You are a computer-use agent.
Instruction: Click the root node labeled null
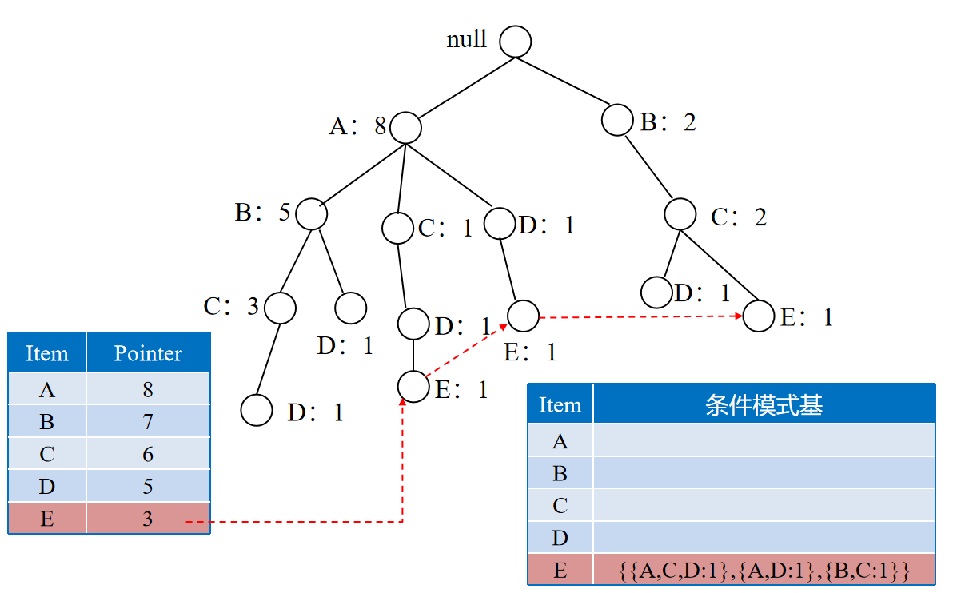coord(516,42)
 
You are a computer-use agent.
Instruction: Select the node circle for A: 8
coord(405,127)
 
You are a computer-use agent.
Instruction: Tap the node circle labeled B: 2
coord(617,120)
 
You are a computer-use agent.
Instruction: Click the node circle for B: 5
coord(312,213)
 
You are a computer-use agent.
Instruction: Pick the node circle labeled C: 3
coord(280,307)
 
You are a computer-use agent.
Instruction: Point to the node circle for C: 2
coord(680,214)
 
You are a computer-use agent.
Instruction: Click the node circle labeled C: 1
coord(397,229)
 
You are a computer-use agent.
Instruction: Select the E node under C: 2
coord(759,316)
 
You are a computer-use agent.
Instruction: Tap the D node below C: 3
coord(257,410)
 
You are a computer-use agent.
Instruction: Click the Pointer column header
coord(148,353)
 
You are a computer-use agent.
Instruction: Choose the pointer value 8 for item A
coord(148,390)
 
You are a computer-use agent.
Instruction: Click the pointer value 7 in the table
coord(148,422)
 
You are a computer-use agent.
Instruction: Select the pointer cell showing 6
coord(148,455)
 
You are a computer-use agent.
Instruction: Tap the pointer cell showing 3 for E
coord(148,519)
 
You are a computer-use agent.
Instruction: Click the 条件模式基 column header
coord(764,405)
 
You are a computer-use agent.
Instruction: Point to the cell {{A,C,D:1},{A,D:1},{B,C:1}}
coord(764,571)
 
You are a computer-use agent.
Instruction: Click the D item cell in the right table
coord(560,538)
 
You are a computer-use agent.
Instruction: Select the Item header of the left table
coord(47,353)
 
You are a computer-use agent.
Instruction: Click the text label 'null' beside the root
coord(467,40)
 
